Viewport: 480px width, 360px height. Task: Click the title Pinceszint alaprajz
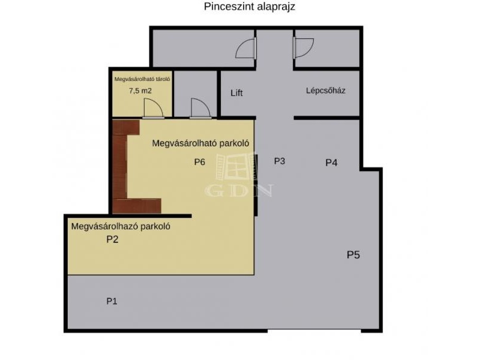pos(250,7)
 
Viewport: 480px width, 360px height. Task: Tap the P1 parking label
pos(112,301)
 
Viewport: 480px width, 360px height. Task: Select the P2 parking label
pos(112,239)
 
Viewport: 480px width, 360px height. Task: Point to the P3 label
pos(280,161)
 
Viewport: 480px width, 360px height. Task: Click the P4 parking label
pos(331,163)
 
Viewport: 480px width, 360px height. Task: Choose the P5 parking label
pos(353,254)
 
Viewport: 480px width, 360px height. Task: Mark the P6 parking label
pos(200,162)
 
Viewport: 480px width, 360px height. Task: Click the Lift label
pos(236,93)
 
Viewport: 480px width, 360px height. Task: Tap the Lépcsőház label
pos(326,91)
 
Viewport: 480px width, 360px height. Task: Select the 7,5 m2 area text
pos(140,91)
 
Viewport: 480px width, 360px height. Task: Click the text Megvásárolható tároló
pos(142,79)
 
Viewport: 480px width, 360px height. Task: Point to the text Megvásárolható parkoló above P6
pos(200,143)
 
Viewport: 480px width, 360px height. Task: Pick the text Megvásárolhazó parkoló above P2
pos(121,227)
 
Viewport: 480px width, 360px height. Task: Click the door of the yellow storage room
pos(153,108)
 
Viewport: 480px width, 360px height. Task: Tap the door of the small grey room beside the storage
pos(200,108)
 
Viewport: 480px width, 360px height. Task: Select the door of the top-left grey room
pos(245,48)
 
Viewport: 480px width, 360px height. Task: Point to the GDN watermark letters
pos(239,190)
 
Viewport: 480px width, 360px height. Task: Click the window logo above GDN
pos(236,167)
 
